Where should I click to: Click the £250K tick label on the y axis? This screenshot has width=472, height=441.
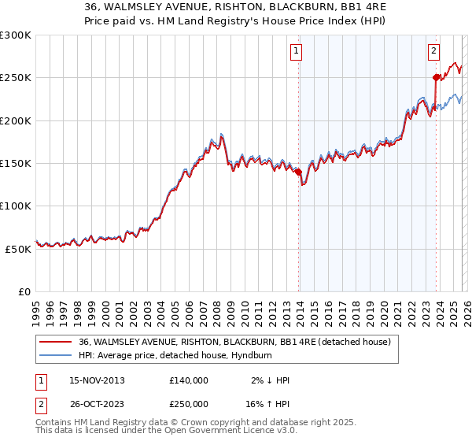click(16, 78)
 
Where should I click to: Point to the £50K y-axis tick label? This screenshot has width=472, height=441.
click(18, 248)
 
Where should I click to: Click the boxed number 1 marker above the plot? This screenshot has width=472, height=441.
click(297, 52)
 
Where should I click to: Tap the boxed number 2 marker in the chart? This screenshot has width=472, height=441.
click(433, 52)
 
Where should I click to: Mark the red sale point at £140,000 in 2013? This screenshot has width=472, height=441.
click(299, 172)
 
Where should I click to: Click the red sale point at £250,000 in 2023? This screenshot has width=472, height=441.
click(436, 77)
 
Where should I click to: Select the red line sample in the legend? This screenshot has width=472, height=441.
click(55, 342)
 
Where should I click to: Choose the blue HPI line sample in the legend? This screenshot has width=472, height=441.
click(55, 355)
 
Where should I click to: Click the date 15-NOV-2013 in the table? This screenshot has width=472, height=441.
click(97, 380)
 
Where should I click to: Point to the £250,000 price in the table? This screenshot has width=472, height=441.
click(189, 402)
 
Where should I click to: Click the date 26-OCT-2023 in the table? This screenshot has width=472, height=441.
click(97, 402)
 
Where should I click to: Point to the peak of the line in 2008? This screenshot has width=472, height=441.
click(222, 134)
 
